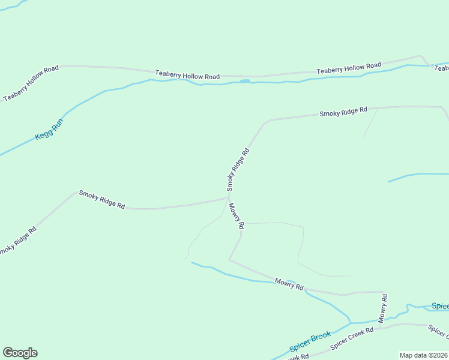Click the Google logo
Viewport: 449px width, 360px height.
(x=20, y=353)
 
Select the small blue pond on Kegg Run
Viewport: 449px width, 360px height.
(x=245, y=81)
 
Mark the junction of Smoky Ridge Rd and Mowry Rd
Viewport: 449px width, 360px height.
(x=229, y=196)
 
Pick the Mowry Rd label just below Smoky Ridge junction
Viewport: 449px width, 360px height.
(x=236, y=216)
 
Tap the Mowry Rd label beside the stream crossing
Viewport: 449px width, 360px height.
(x=289, y=284)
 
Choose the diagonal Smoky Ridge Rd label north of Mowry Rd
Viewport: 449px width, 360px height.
(x=238, y=167)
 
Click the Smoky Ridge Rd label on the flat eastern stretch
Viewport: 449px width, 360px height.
(x=343, y=112)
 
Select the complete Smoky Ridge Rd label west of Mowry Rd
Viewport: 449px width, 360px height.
(x=102, y=200)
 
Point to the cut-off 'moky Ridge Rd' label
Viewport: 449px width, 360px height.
(x=17, y=241)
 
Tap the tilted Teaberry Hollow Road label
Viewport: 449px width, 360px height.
(x=31, y=83)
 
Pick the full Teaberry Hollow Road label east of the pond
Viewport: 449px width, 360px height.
(x=349, y=68)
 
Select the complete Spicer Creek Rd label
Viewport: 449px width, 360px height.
(x=352, y=338)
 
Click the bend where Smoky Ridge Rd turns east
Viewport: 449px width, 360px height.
(x=266, y=122)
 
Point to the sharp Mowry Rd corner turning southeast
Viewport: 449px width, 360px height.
(x=230, y=259)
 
